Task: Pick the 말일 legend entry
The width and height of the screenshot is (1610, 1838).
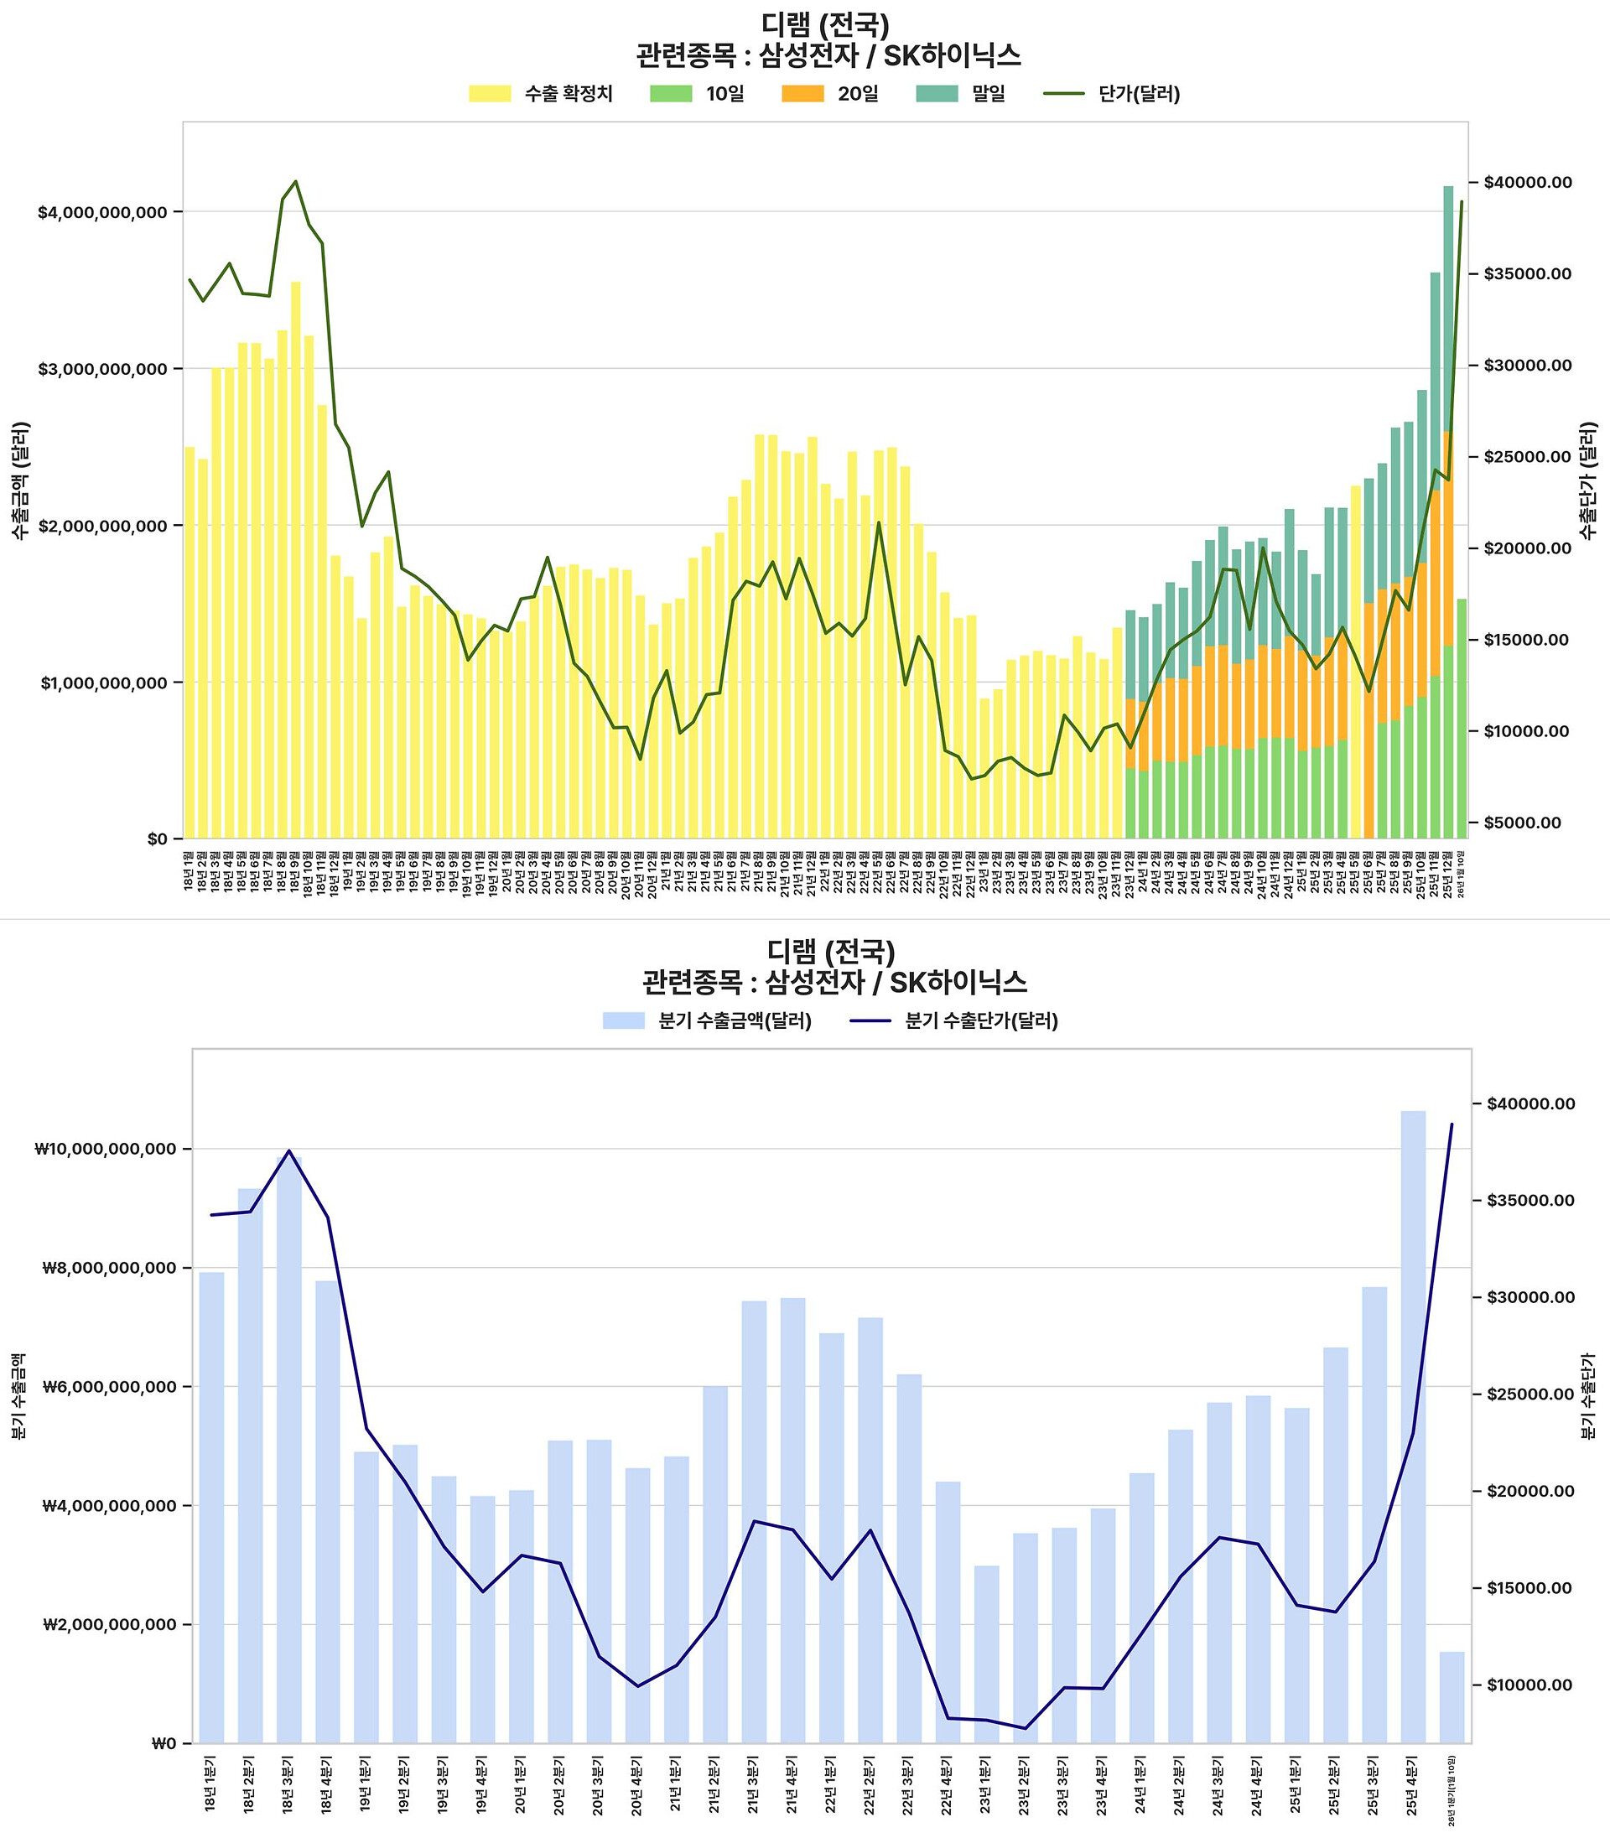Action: [960, 94]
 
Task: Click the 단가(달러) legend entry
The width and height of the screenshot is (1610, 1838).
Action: [1112, 94]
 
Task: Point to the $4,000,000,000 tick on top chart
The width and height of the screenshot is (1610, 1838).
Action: [102, 213]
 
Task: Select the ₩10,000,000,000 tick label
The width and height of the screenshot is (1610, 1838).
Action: [106, 1149]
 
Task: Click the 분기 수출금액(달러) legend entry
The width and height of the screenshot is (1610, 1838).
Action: [707, 1021]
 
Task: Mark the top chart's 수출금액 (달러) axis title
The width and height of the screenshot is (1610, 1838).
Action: [21, 480]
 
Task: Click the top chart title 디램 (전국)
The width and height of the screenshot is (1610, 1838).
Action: [825, 25]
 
